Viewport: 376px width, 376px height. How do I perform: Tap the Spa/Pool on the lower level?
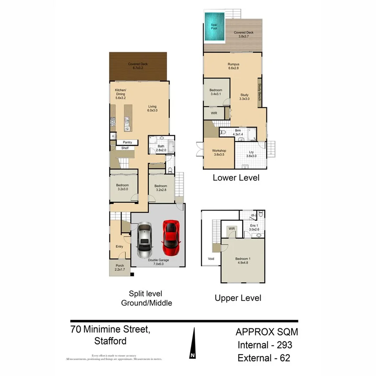click(x=213, y=26)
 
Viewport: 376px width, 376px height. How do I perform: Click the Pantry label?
click(x=127, y=142)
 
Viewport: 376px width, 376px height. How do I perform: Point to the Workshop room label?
click(x=219, y=152)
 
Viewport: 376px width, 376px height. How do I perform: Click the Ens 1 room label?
click(x=254, y=227)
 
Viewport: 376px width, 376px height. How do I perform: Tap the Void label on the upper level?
click(x=211, y=259)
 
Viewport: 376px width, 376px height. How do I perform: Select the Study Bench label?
click(x=259, y=92)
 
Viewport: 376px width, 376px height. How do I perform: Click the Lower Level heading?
click(x=236, y=178)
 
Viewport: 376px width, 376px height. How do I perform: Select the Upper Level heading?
click(x=238, y=298)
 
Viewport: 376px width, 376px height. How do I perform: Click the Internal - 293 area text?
click(x=264, y=345)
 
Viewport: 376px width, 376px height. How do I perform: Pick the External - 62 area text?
click(x=264, y=358)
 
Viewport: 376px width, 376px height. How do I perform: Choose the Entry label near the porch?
click(x=119, y=246)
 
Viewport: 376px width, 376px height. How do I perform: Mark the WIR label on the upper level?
click(x=232, y=229)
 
